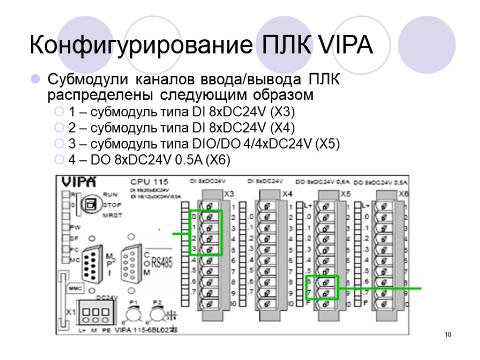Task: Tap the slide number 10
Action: (x=448, y=335)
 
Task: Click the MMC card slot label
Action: (x=76, y=289)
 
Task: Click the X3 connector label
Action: (x=229, y=194)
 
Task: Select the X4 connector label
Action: (x=287, y=194)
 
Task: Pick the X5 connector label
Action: (x=346, y=194)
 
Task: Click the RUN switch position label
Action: (x=110, y=194)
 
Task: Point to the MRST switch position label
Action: (x=112, y=216)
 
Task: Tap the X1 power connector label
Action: (x=71, y=312)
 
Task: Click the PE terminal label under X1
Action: (x=106, y=330)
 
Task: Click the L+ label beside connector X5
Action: (x=307, y=206)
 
